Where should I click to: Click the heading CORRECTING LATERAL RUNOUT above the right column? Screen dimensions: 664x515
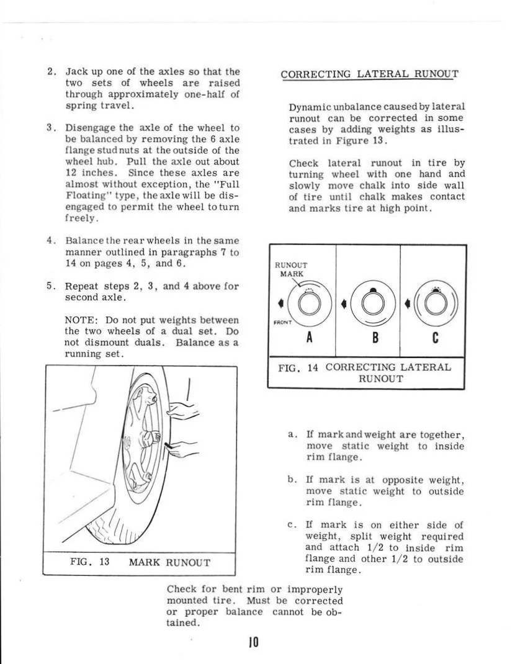point(369,74)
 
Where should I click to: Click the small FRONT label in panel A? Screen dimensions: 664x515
point(283,322)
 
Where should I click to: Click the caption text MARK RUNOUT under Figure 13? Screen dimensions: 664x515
point(169,563)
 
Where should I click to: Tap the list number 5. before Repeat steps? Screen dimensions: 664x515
point(53,287)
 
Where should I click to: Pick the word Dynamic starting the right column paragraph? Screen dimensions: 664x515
point(308,107)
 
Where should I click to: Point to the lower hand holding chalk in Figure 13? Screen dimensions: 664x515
point(184,448)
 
